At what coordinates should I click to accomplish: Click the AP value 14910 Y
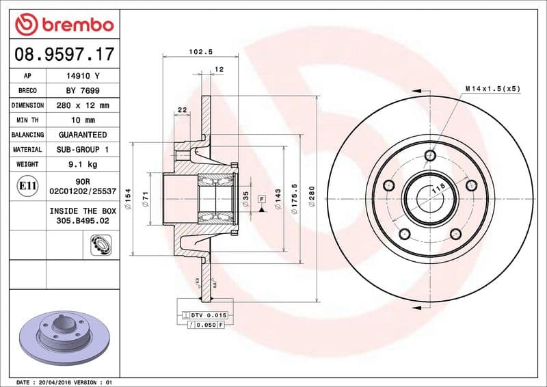[82, 76]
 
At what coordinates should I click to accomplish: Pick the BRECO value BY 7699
[82, 91]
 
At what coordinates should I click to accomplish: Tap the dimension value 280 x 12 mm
[82, 105]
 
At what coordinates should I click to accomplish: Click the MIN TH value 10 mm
[82, 120]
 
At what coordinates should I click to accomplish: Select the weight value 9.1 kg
[82, 164]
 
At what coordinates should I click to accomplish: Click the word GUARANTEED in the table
[82, 135]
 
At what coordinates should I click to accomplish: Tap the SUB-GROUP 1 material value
[82, 149]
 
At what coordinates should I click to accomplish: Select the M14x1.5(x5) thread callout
[492, 89]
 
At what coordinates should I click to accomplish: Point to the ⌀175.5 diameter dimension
[295, 200]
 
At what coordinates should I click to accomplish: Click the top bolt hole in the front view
[429, 155]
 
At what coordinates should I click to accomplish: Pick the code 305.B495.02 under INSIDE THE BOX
[82, 222]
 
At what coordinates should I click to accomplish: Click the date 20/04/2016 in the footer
[55, 382]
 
